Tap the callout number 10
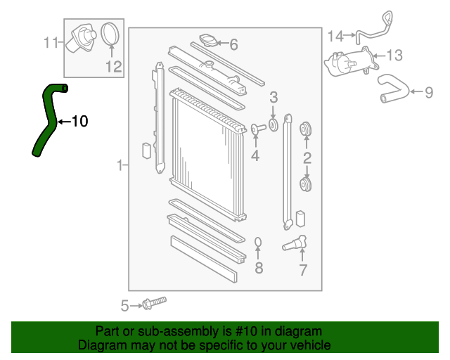[x=79, y=122]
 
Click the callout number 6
[x=233, y=45]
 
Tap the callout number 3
[x=274, y=97]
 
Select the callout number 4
[x=255, y=155]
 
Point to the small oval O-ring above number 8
[x=258, y=243]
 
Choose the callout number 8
[x=259, y=267]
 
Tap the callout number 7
[x=303, y=269]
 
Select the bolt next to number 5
[x=154, y=303]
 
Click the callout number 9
[x=428, y=91]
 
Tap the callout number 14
[x=335, y=35]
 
